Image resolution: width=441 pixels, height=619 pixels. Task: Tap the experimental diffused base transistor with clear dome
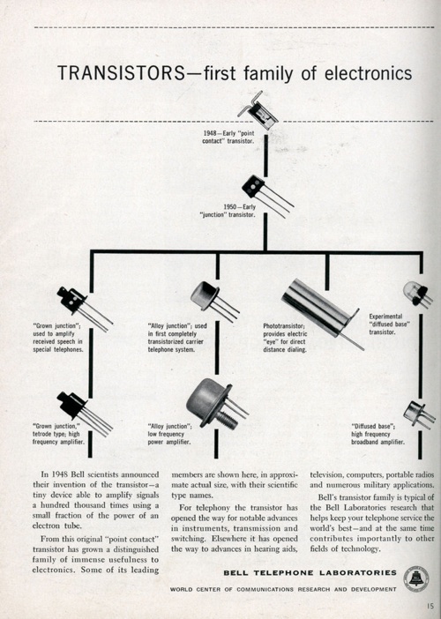click(415, 294)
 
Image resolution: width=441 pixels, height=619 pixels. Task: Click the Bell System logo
click(415, 579)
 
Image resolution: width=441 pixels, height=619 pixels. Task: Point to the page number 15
click(429, 607)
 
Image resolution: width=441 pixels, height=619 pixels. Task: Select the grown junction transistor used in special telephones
click(79, 304)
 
